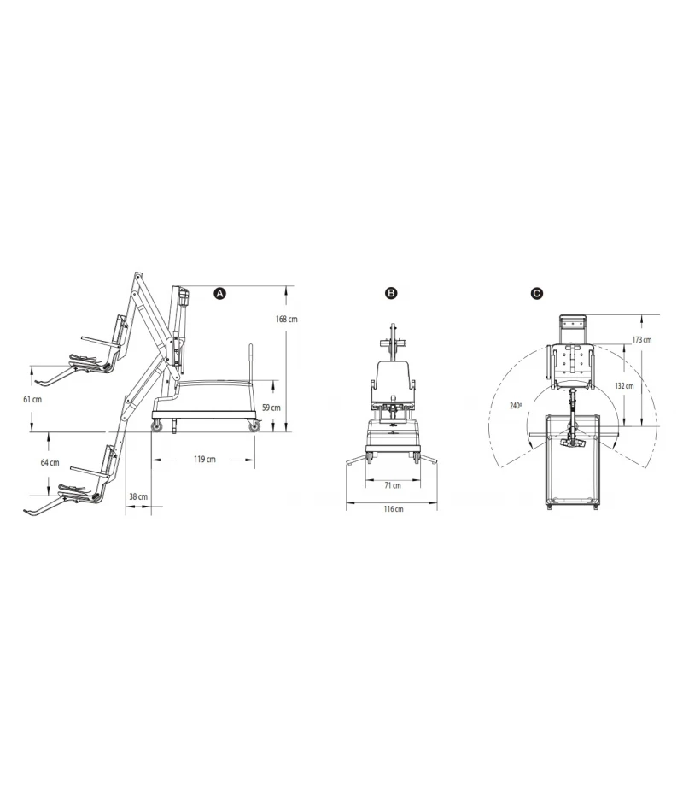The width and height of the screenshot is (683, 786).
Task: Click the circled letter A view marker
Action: point(219,293)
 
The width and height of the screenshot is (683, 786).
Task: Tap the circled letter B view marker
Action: point(391,293)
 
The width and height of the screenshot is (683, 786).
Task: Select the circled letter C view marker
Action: point(536,293)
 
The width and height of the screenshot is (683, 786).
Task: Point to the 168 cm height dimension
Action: point(287,320)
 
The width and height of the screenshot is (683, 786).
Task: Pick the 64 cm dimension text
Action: point(50,462)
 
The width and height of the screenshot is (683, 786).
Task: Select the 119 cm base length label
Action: point(204,459)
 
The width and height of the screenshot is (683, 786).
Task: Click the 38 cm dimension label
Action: point(137,495)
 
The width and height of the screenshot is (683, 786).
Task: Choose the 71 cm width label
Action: point(392,484)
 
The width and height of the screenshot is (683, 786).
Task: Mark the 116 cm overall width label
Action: point(392,509)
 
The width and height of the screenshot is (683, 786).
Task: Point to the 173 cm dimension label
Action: point(641,340)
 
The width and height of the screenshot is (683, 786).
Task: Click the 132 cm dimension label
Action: point(624,385)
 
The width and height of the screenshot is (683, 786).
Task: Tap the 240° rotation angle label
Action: point(515,406)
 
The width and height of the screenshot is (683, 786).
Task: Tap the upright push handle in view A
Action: point(251,363)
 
